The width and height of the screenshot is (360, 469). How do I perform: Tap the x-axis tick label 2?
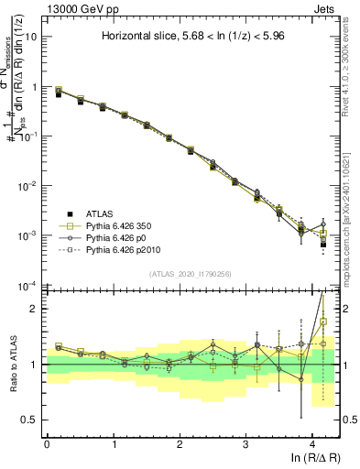pyautogui.click(x=180, y=443)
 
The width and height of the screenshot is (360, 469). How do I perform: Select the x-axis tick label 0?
pyautogui.click(x=47, y=443)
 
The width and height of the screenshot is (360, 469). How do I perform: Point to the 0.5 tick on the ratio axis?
pyautogui.click(x=32, y=420)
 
